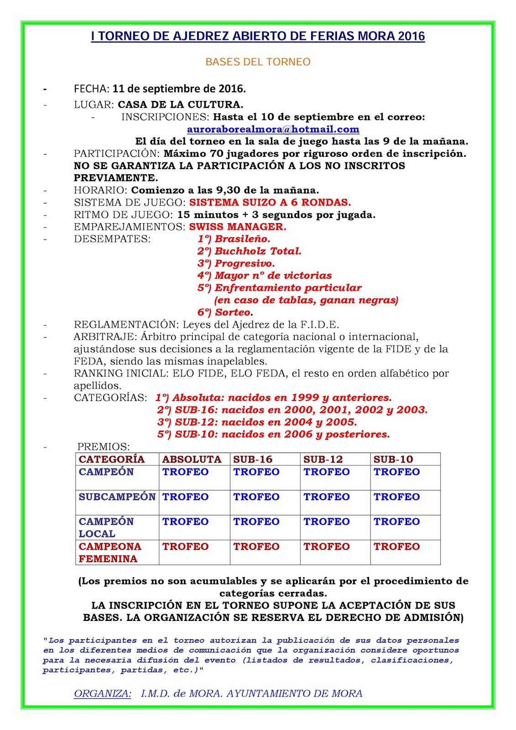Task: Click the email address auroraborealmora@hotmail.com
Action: (x=273, y=130)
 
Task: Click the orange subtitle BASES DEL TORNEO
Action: (x=258, y=62)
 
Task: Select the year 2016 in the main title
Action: (x=411, y=36)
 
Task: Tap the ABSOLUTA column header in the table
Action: (x=192, y=459)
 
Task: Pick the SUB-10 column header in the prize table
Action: (x=393, y=459)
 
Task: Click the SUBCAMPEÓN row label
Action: (x=117, y=497)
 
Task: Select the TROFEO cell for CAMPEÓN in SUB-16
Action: (x=256, y=472)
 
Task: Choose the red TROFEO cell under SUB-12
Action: (x=327, y=547)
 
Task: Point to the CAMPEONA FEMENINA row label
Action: (x=109, y=553)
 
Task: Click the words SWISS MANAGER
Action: (x=238, y=227)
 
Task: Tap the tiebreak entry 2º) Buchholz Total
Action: (x=249, y=251)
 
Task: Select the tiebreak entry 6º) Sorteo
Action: (x=225, y=313)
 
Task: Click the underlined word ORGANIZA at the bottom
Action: (x=102, y=693)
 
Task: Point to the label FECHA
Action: (x=91, y=89)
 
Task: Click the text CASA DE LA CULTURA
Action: (x=180, y=105)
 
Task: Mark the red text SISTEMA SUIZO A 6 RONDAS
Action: (x=270, y=203)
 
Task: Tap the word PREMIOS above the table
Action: (x=103, y=447)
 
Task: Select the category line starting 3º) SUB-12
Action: (x=257, y=422)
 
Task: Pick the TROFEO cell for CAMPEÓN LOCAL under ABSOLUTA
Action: (x=185, y=522)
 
